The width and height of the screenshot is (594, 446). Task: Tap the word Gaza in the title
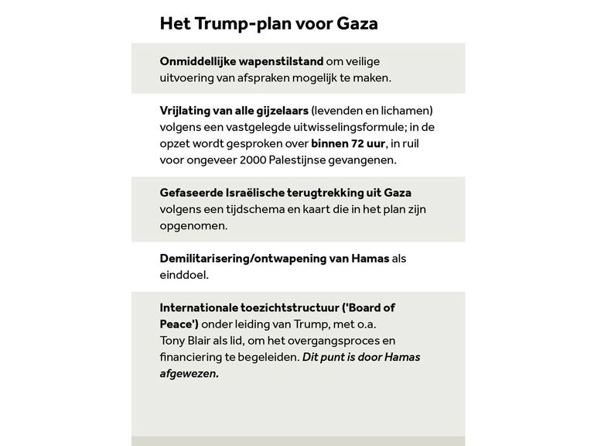coord(357,23)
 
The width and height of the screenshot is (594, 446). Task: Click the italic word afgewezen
coord(189,373)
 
